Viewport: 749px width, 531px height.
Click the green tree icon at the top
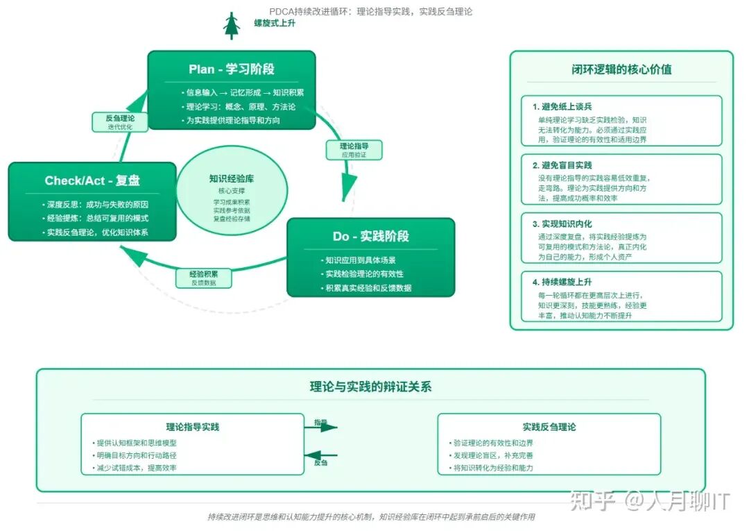[230, 26]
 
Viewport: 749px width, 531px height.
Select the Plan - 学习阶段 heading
[232, 69]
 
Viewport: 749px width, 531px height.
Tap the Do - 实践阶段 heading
[370, 237]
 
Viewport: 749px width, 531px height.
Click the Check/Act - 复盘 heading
[92, 181]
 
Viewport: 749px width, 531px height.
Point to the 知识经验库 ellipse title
[232, 179]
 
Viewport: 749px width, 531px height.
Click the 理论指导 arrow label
[354, 146]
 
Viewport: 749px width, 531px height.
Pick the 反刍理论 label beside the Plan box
[120, 119]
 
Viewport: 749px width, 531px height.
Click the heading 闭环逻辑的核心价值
[621, 69]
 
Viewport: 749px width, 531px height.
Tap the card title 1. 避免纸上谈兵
[562, 107]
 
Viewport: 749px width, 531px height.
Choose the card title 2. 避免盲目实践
[562, 165]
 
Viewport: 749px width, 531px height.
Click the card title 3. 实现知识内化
[562, 224]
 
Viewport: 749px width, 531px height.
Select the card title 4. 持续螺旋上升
[562, 283]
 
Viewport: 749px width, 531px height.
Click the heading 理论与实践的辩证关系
[370, 387]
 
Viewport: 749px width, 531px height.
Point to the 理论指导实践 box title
[192, 427]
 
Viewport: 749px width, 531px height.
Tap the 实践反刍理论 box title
[549, 427]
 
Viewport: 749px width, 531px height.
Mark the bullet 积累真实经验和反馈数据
[368, 288]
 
